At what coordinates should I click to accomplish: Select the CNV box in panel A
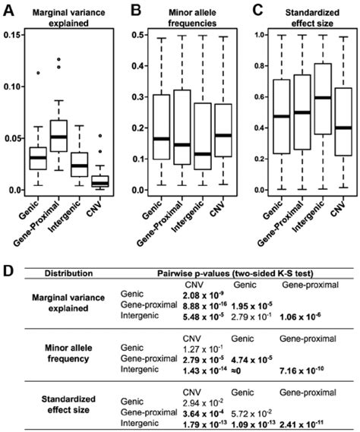99,181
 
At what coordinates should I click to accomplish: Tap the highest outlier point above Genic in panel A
32,74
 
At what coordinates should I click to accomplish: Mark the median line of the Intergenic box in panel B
203,154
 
